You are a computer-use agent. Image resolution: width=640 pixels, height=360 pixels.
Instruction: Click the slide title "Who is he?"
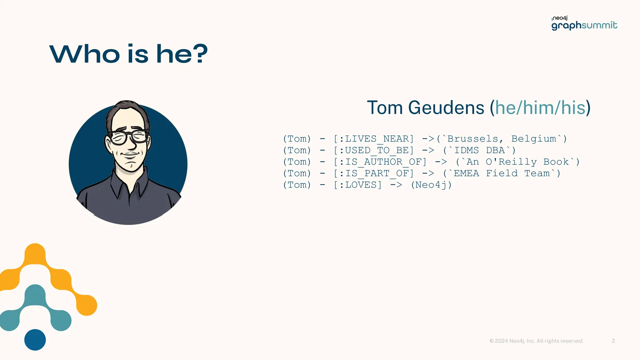tap(128, 54)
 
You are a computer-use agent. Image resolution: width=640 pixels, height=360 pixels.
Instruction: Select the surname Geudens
tap(446, 108)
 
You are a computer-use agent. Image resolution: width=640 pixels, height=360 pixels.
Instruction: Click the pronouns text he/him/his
tap(540, 108)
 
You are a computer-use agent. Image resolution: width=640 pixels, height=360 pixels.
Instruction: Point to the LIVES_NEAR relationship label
tap(374, 139)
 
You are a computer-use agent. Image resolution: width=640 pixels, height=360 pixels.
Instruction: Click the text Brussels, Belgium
tap(502, 139)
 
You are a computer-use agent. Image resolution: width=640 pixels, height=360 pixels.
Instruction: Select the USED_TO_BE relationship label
tap(374, 150)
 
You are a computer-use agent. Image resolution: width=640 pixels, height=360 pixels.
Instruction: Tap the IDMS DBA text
tap(479, 150)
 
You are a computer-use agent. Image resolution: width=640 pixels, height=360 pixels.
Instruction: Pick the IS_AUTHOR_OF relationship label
tap(380, 162)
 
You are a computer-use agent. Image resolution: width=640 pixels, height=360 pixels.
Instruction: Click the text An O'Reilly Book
tap(517, 162)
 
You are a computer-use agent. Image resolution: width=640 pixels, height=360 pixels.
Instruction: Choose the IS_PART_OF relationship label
tap(374, 173)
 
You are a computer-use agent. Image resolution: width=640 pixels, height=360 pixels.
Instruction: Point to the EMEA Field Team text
tap(502, 173)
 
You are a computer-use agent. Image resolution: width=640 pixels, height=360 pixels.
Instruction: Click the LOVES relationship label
tap(358, 185)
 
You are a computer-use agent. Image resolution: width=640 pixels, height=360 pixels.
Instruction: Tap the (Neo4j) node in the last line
tap(431, 185)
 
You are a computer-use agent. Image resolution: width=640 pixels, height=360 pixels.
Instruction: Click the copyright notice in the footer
tap(536, 341)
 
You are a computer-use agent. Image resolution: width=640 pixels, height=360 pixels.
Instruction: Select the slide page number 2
tap(613, 341)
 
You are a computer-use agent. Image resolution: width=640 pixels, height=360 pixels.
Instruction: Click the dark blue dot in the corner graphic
tap(35, 340)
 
